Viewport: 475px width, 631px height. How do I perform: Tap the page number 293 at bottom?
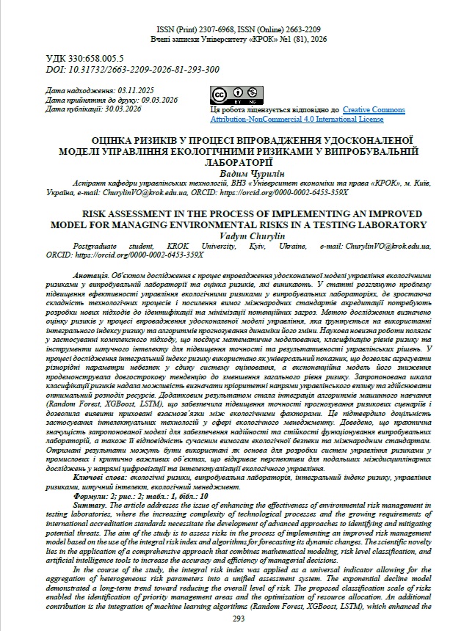tap(237, 619)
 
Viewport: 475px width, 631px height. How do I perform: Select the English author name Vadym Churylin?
tap(237, 235)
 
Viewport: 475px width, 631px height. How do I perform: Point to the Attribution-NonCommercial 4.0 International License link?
tap(297, 117)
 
